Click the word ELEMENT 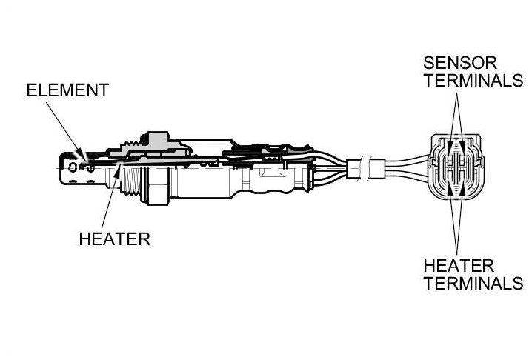tap(67, 90)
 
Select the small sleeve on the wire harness tap(365, 168)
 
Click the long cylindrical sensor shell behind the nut tap(207, 178)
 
